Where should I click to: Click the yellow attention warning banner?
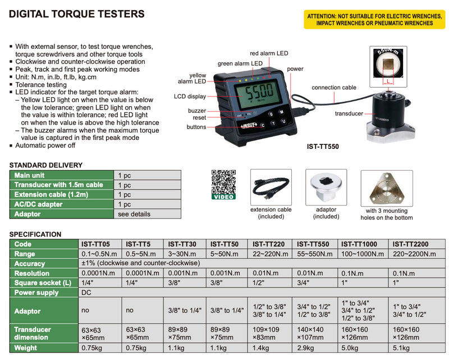[x=374, y=20]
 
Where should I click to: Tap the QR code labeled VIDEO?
[x=223, y=184]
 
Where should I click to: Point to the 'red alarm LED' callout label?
[x=269, y=53]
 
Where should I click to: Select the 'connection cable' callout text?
[x=334, y=88]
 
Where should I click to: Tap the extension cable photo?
[x=271, y=187]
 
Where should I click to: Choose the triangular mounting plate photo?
[x=387, y=188]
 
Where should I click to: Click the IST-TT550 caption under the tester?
[x=323, y=147]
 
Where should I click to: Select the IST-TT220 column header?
[x=268, y=244]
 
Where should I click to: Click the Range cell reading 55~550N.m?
[x=315, y=254]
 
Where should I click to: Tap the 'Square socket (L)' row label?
[x=43, y=283]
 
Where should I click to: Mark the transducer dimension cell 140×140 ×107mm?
[x=310, y=334]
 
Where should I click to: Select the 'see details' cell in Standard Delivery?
[x=134, y=214]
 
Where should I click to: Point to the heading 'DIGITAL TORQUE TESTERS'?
[x=77, y=14]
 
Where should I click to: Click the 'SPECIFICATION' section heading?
[x=35, y=234]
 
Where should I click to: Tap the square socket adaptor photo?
[x=326, y=187]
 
